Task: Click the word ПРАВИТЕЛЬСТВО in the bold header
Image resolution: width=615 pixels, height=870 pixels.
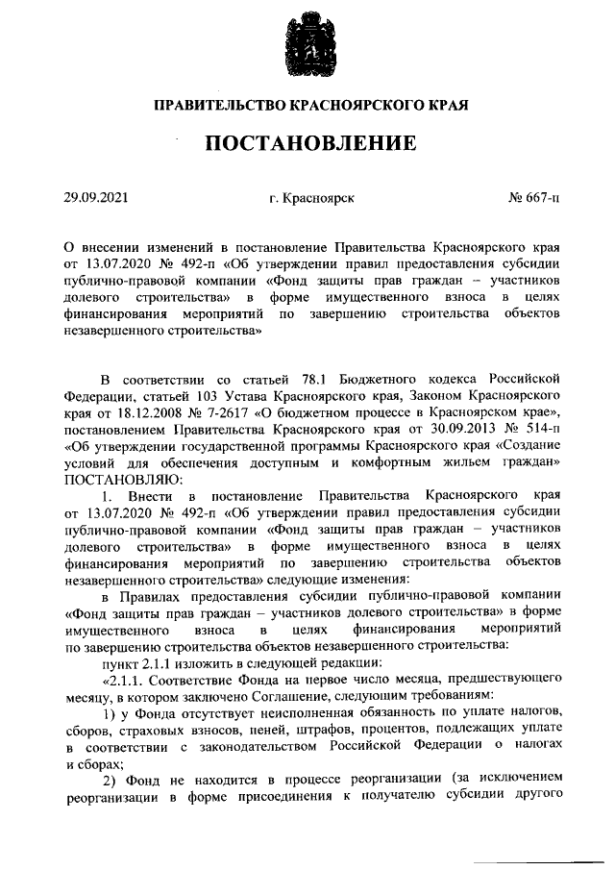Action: [216, 103]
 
